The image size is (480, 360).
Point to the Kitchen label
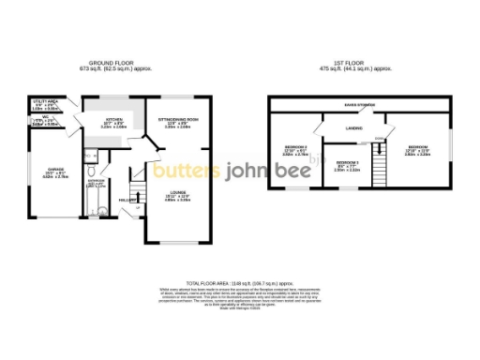pos(112,121)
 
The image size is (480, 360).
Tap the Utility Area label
pos(46,101)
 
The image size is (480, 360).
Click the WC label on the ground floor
pos(40,117)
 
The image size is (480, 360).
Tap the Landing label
pos(354,129)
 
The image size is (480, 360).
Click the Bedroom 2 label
pos(296,148)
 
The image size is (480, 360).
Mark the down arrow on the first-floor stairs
pos(379,142)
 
